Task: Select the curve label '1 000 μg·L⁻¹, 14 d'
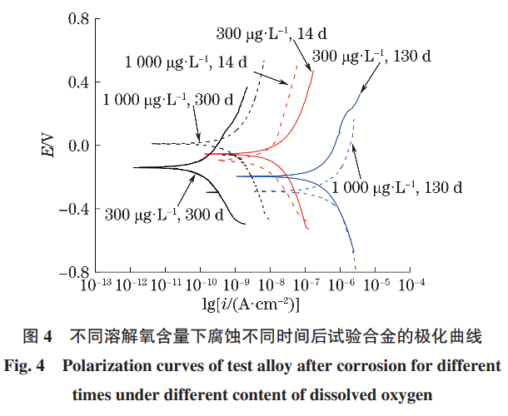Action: (x=186, y=62)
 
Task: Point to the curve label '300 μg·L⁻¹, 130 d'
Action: (x=372, y=57)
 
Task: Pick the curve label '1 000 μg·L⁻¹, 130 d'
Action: (x=396, y=188)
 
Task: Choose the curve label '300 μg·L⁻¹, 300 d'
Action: (x=164, y=215)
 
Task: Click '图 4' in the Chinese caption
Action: (x=38, y=338)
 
